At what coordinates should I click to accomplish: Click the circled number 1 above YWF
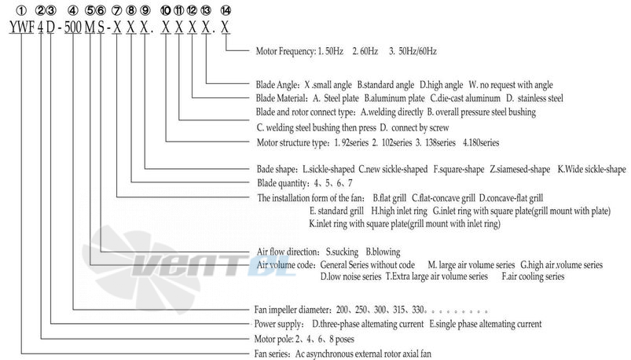24,11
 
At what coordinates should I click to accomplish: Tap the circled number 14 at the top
226,11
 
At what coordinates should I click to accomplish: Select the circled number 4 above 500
73,11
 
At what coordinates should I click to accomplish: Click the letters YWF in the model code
22,27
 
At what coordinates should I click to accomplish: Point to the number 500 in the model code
73,27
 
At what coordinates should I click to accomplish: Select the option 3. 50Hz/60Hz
413,52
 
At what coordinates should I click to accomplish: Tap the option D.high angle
441,85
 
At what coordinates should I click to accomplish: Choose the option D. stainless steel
534,98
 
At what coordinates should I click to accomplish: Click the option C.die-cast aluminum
465,98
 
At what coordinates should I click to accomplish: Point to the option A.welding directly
391,112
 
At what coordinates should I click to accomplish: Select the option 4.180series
481,142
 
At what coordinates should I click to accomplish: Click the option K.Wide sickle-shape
592,170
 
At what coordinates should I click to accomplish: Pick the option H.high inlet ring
399,211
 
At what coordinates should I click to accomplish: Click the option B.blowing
383,252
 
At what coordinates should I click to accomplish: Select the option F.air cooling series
533,277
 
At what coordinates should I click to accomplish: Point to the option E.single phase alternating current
486,324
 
